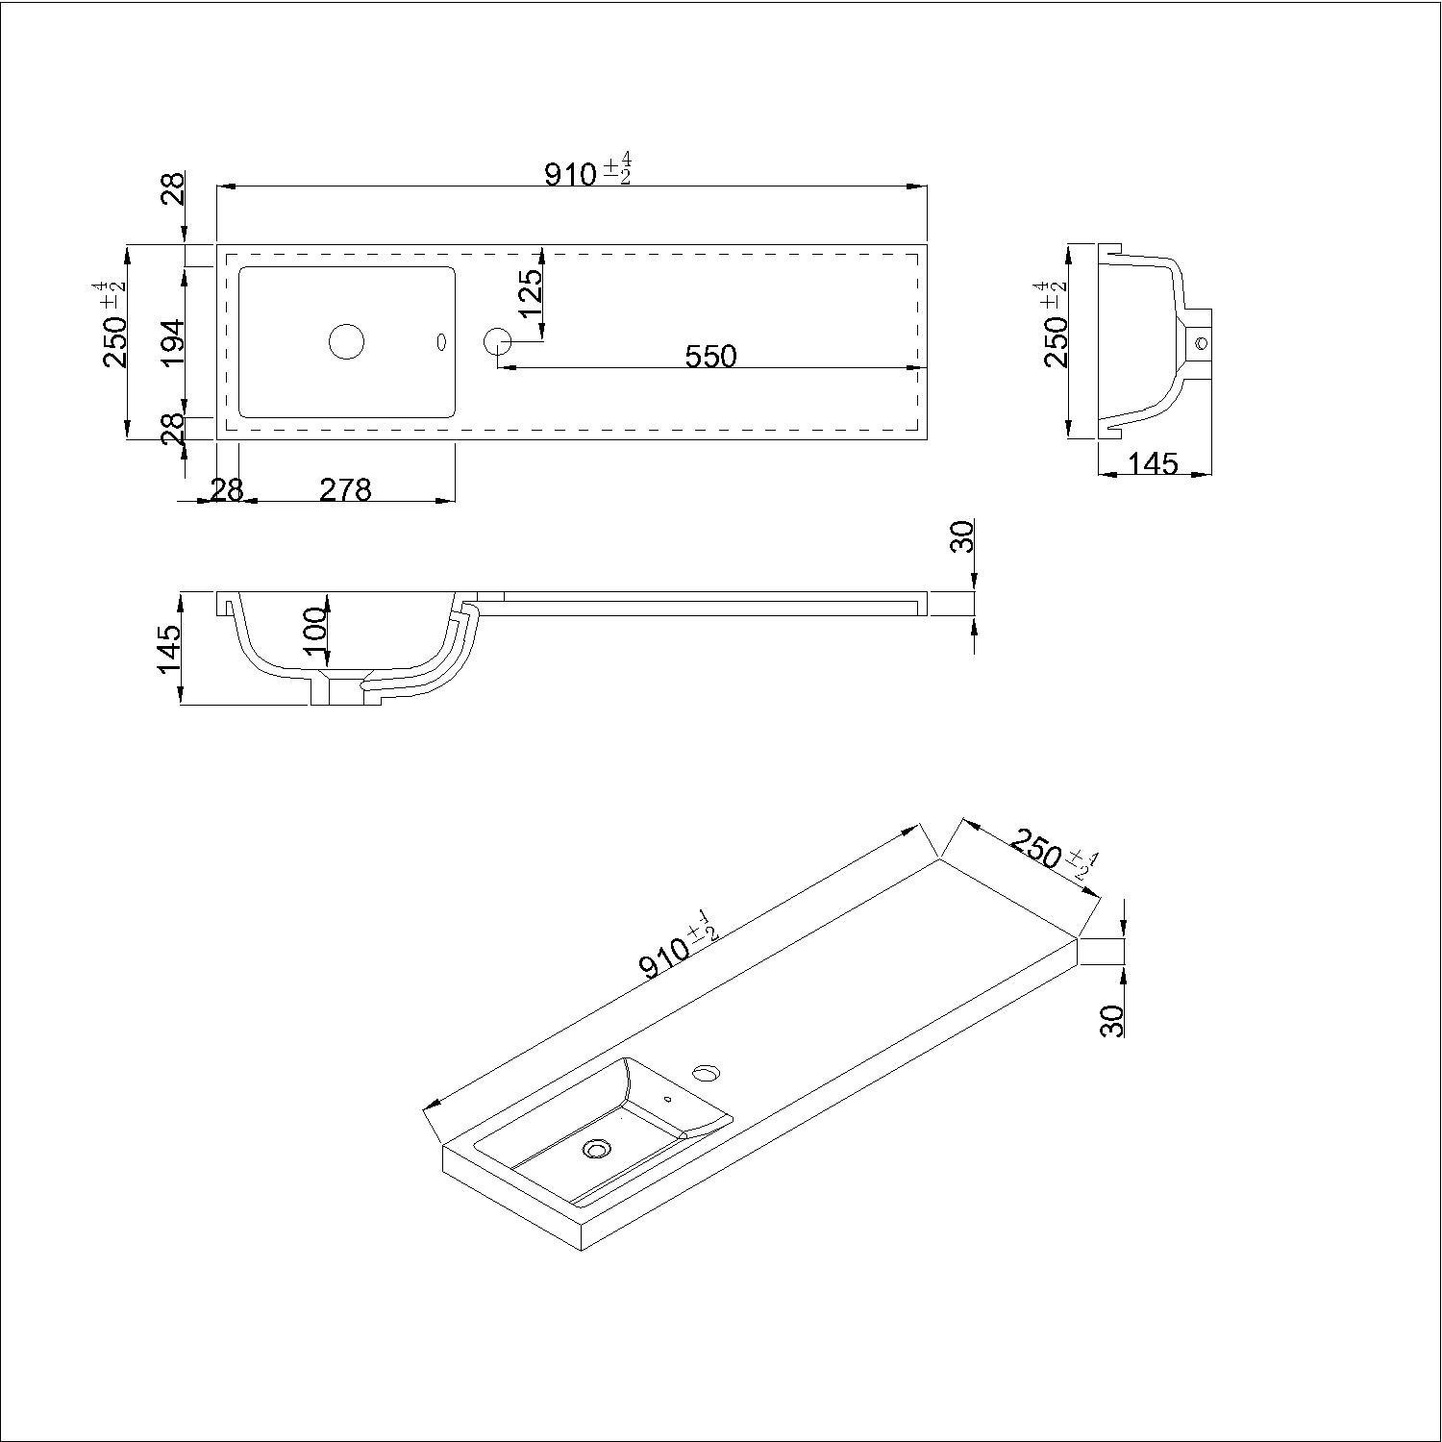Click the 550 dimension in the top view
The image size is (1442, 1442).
(710, 357)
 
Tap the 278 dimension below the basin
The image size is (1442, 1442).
(345, 490)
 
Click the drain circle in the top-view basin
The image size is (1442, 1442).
(347, 341)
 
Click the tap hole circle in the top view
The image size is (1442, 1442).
(497, 340)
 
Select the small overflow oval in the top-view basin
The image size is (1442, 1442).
(442, 341)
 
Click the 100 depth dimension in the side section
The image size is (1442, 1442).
(315, 631)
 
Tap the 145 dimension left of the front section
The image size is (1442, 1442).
(168, 649)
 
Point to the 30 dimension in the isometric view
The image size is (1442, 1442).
(1111, 1020)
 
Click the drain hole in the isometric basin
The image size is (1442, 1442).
(597, 1148)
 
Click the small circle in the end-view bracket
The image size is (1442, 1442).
(1199, 341)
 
